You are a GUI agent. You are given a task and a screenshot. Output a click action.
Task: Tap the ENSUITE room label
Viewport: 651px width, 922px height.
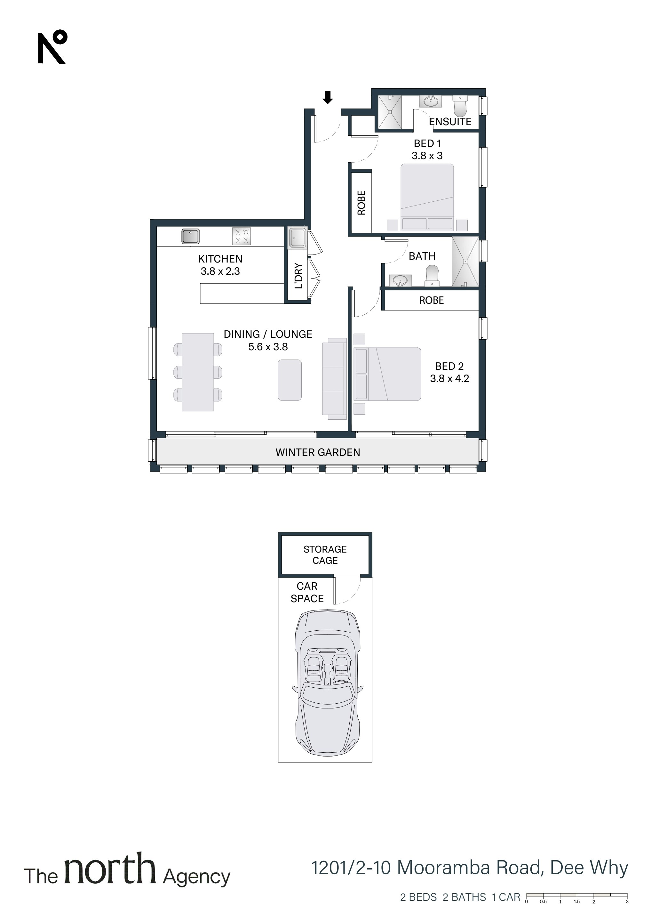point(450,122)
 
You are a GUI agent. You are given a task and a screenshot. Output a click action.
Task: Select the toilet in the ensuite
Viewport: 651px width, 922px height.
point(460,105)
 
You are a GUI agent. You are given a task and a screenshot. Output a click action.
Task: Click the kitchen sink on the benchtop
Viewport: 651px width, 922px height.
point(190,236)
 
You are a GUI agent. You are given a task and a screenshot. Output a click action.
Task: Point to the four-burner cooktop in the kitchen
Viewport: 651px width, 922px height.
point(242,236)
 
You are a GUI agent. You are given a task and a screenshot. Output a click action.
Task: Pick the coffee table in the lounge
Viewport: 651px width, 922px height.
point(290,380)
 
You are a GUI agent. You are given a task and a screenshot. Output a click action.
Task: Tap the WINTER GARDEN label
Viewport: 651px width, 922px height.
point(318,452)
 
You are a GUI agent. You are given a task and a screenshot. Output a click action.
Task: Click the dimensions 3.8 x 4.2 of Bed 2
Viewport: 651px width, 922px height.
point(449,378)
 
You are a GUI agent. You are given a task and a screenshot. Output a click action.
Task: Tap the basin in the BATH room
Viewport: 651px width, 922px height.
point(399,280)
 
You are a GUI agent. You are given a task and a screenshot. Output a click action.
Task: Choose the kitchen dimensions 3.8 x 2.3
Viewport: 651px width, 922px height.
point(220,271)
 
